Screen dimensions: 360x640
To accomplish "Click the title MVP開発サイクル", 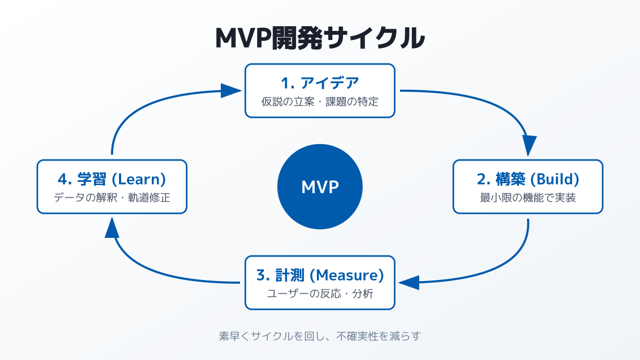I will [320, 38].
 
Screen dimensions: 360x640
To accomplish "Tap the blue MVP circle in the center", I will [320, 187].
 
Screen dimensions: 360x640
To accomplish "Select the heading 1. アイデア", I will [320, 83].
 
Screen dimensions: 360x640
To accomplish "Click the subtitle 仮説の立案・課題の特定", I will [320, 101].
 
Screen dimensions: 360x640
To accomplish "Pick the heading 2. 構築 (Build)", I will [528, 179].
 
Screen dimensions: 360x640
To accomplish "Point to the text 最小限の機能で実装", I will [528, 197].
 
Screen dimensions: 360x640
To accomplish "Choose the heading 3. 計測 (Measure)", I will [320, 275].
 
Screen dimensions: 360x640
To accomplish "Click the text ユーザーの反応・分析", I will [320, 293].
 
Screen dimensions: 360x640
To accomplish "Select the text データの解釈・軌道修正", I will [112, 197].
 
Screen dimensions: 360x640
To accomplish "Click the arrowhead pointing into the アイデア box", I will [230, 90].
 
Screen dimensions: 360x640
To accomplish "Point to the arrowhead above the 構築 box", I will [529, 145].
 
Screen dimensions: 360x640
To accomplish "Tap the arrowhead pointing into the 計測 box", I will [409, 282].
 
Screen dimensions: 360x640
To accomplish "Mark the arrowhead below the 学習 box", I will [111, 228].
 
